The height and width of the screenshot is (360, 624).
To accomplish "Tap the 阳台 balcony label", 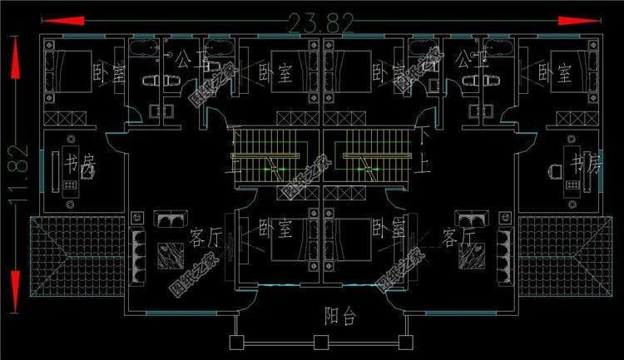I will (x=339, y=315).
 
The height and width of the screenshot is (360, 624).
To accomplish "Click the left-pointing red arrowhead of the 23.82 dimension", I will (x=52, y=21).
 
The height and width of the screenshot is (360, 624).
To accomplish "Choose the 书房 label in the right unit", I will (x=584, y=165).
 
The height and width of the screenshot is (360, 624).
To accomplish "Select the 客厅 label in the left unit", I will (x=205, y=239).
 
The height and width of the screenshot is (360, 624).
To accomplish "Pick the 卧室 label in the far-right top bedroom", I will (x=563, y=73).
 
